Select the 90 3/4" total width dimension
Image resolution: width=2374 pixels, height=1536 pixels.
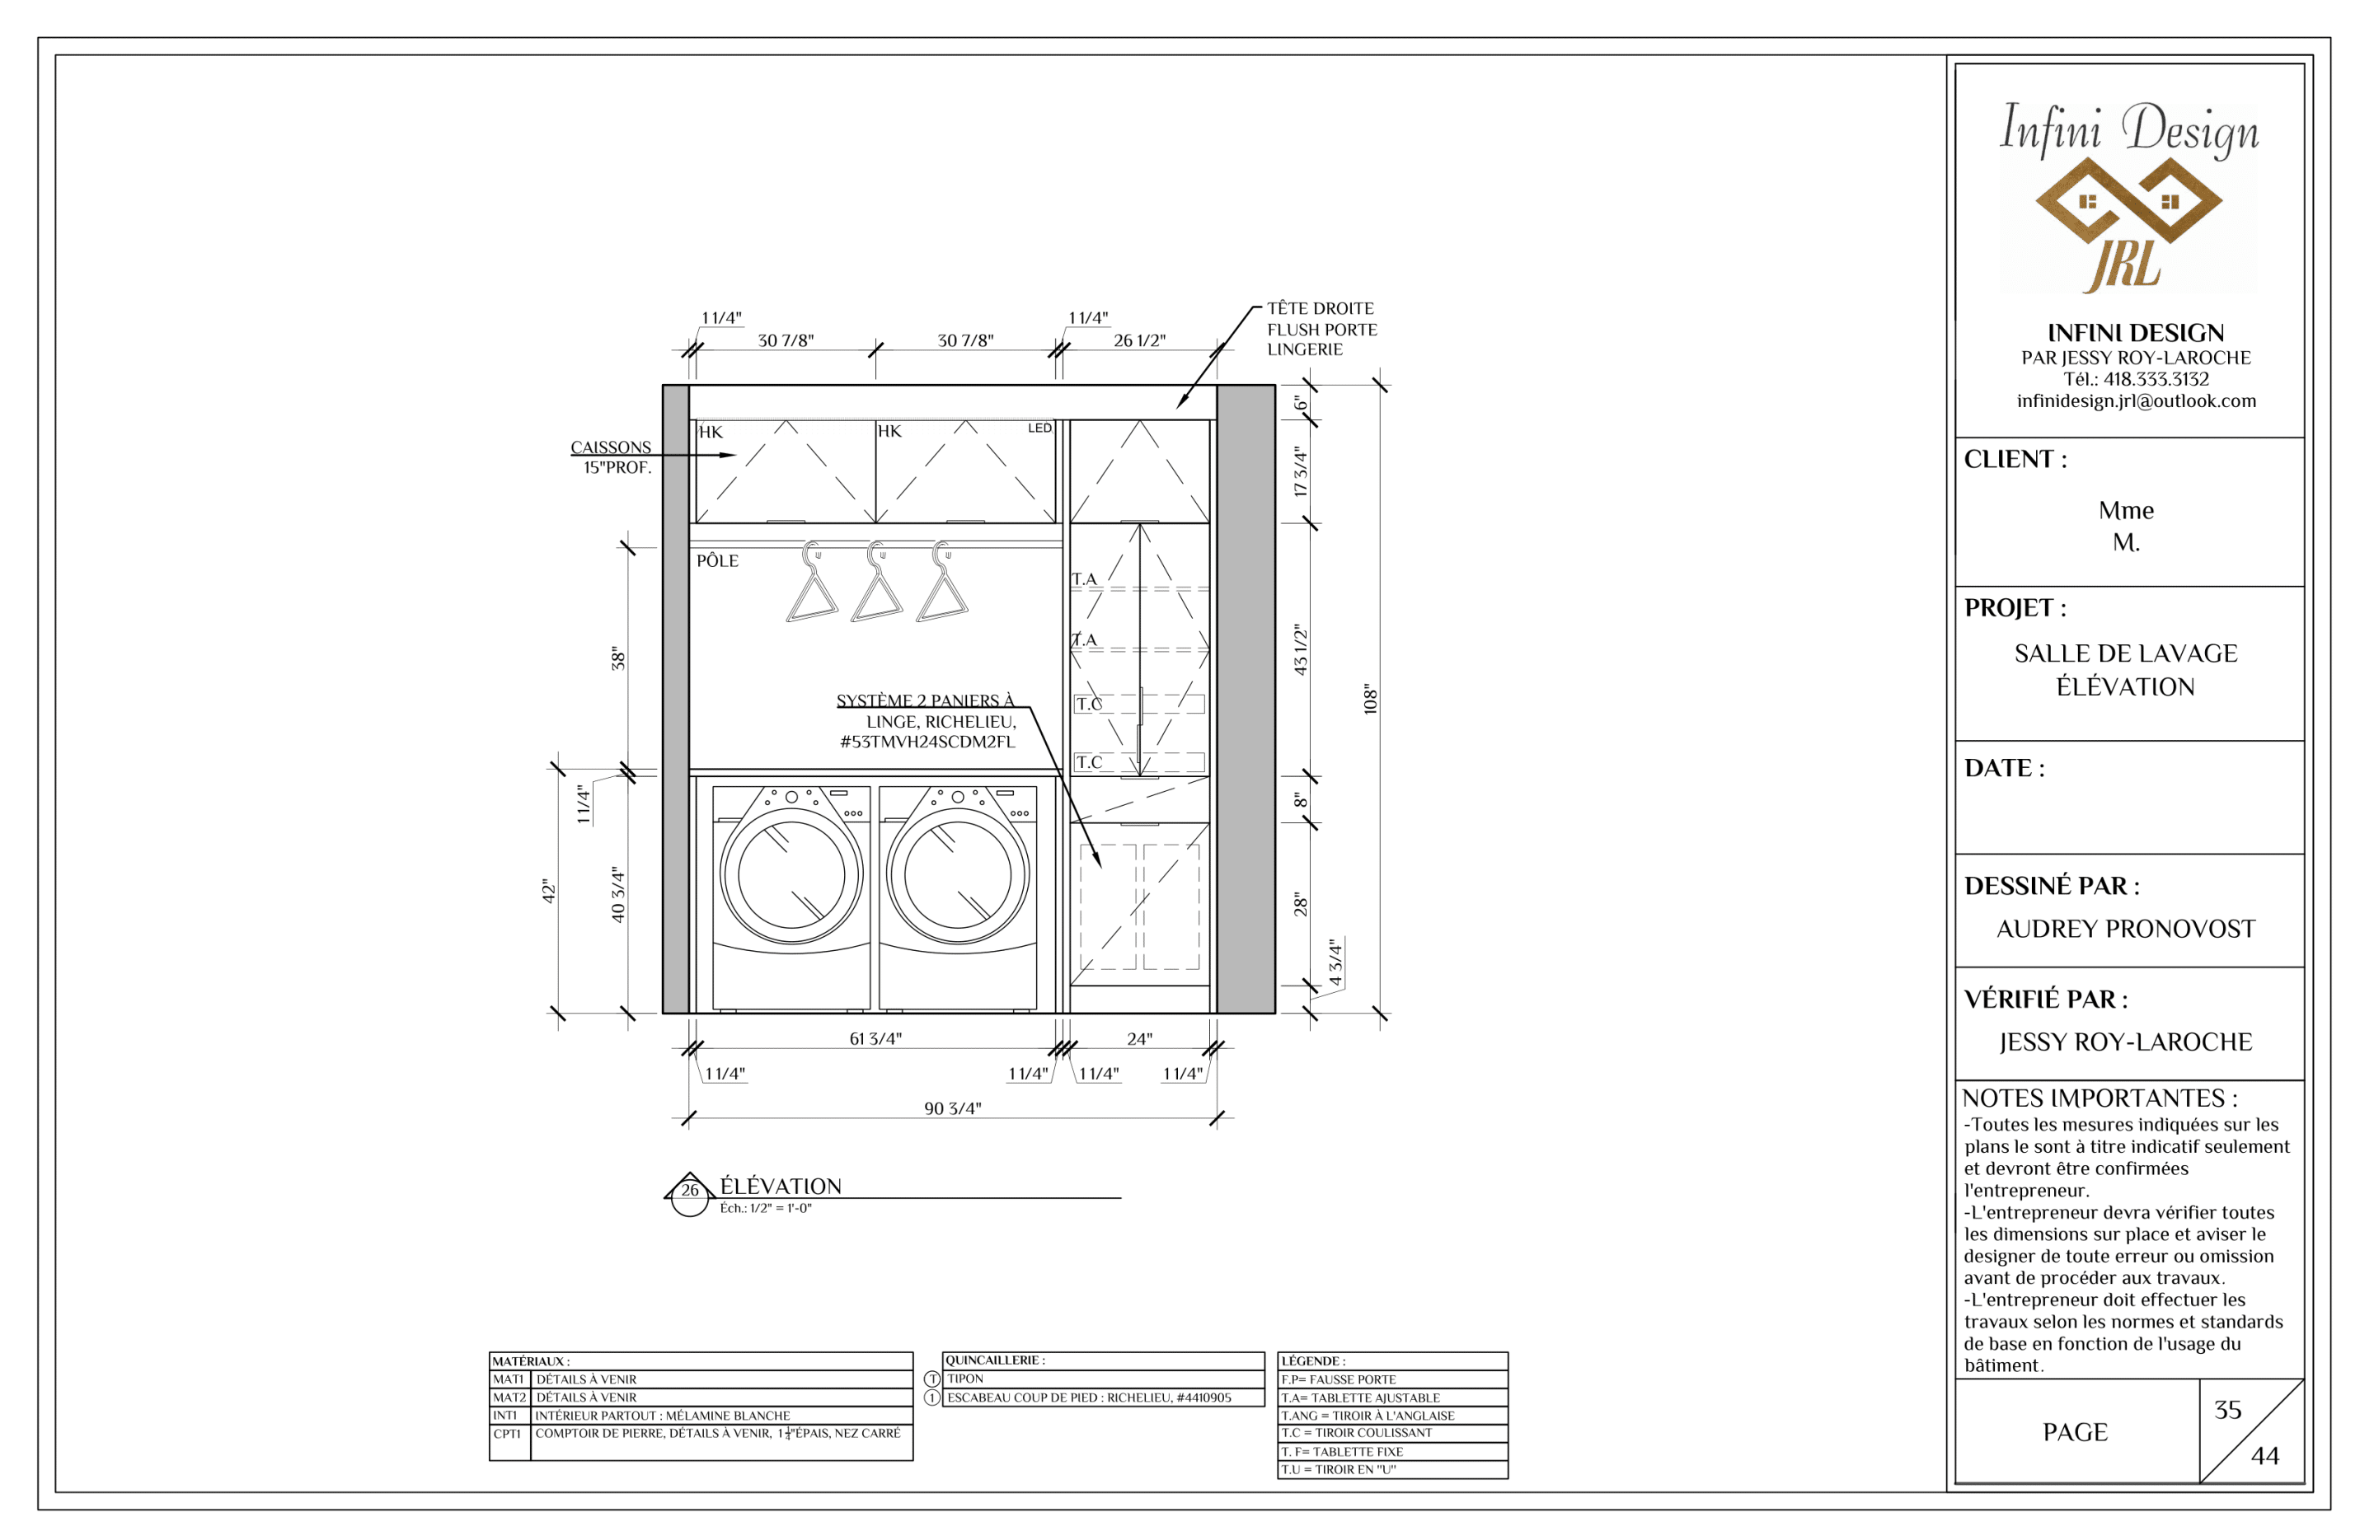(953, 1108)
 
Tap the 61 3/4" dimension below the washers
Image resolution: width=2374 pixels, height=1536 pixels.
(875, 1038)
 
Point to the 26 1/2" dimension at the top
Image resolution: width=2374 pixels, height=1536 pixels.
(1139, 340)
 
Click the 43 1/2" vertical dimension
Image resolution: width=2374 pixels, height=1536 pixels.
(1300, 650)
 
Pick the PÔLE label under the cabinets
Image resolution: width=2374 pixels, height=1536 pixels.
(717, 560)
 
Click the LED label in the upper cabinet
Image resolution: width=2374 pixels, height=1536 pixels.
(1039, 428)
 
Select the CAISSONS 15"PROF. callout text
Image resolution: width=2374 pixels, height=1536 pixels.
(612, 457)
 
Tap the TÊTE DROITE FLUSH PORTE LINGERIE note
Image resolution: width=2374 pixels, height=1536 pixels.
(1321, 329)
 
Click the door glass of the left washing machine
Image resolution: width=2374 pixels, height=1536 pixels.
(791, 875)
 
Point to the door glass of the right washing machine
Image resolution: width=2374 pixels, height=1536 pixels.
(958, 875)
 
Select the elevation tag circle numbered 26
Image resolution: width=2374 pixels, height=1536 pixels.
(689, 1195)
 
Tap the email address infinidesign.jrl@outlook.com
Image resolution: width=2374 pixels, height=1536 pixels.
(2136, 401)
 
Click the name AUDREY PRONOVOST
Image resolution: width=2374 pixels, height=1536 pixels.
(2126, 929)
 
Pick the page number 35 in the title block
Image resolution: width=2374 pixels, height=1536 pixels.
(2227, 1409)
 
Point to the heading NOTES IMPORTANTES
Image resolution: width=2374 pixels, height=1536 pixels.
(2099, 1098)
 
